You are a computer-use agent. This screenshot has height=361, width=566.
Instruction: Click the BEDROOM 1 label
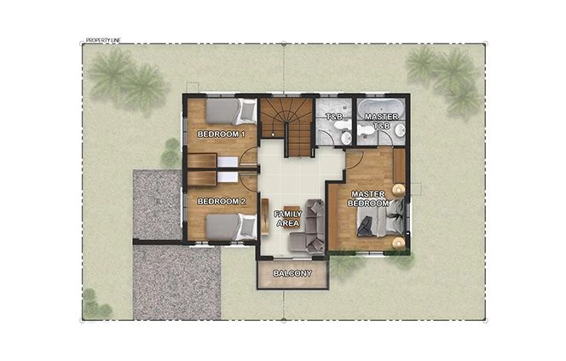click(221, 135)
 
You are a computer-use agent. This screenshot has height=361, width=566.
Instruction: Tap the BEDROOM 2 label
click(221, 202)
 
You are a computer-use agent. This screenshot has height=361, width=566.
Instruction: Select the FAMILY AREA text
click(287, 218)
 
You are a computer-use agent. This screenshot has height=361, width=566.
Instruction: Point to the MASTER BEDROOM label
click(369, 199)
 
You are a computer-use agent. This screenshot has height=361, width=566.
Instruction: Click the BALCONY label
click(292, 273)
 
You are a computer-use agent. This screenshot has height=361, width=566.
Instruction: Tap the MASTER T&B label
click(377, 121)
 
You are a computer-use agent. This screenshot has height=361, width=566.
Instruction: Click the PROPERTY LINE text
click(104, 40)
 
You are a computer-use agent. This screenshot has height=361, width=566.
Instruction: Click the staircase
click(287, 126)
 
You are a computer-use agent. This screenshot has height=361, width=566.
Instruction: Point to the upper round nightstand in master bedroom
click(397, 190)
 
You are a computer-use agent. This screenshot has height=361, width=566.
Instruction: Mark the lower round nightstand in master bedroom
click(397, 242)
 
